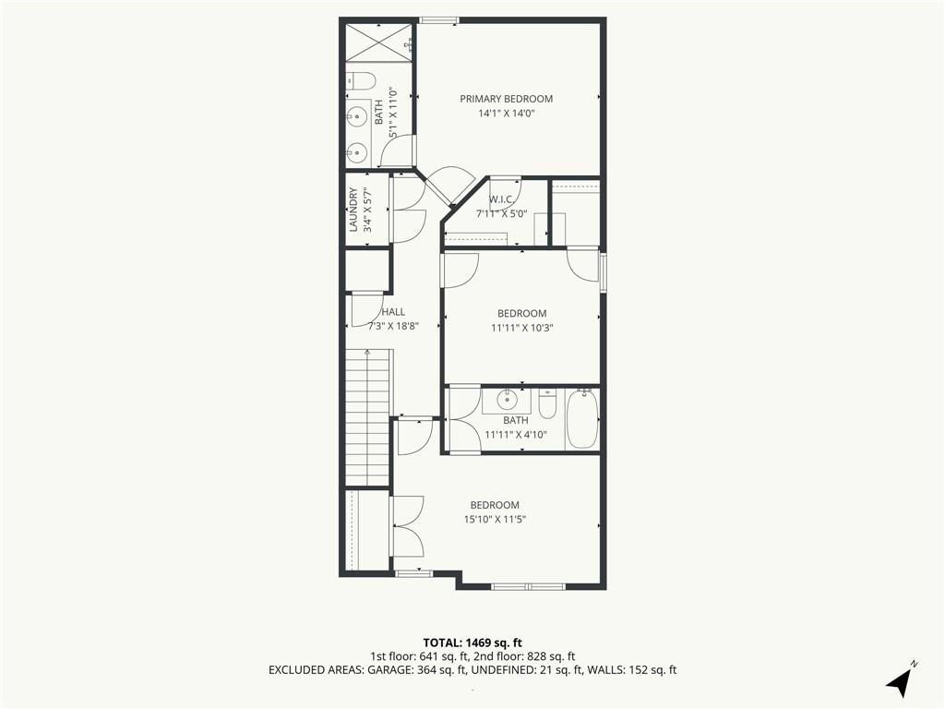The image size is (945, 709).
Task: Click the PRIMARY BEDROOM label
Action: coord(507,99)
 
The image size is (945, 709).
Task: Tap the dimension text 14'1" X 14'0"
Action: coord(507,114)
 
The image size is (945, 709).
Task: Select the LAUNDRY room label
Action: coord(353,210)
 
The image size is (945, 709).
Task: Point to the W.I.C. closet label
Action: coord(501,199)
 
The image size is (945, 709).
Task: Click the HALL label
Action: coord(393,312)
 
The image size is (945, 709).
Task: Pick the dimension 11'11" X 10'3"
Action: coord(522,328)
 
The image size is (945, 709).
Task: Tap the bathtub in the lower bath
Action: coord(582,419)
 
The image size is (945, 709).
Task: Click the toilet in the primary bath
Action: coord(363,80)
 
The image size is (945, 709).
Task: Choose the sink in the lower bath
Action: coord(508,399)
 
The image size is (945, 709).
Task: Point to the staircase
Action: coord(368,417)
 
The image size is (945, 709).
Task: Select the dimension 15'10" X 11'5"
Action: coord(496,520)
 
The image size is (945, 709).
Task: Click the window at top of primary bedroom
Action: coord(438,20)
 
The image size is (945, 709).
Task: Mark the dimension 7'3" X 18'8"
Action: coord(393,326)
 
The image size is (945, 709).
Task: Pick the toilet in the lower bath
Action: coord(546,404)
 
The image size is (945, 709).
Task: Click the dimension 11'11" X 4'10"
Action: coord(516,434)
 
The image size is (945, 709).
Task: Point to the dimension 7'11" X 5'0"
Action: coord(501,213)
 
